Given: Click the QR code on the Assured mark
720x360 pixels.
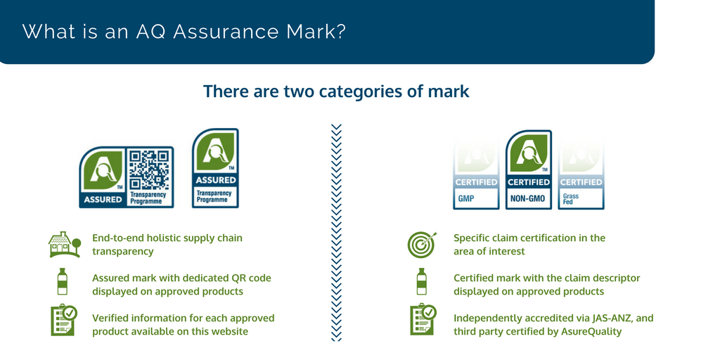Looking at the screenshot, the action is click(x=148, y=169).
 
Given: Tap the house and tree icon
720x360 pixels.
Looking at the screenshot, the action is click(x=65, y=244).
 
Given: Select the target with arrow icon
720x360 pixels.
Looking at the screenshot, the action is click(x=422, y=245).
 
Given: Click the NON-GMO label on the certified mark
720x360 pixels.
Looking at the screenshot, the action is click(x=528, y=199).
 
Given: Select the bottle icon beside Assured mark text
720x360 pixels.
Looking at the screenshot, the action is click(x=62, y=281).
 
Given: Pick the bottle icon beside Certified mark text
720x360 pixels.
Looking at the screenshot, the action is click(x=421, y=281).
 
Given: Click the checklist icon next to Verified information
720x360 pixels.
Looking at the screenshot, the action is click(x=63, y=321).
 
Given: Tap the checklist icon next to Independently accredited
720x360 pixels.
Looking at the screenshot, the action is click(x=423, y=321).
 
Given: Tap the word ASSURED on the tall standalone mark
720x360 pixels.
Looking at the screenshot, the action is click(x=215, y=180).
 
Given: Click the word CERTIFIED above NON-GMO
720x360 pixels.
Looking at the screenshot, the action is click(x=529, y=182).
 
